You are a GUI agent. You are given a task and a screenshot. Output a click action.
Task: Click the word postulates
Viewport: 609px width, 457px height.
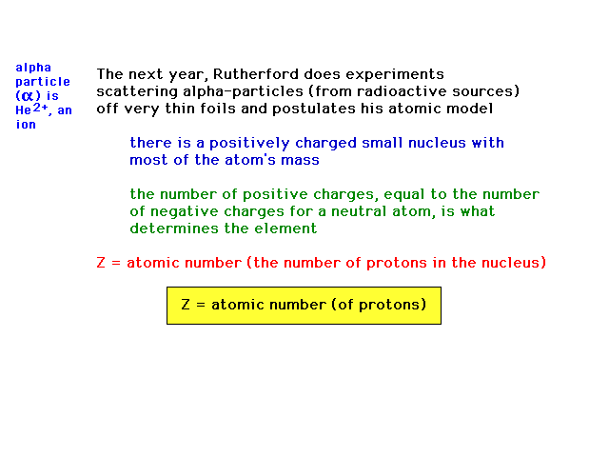pos(313,109)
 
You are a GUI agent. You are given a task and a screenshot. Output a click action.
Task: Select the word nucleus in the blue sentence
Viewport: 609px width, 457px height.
pos(437,143)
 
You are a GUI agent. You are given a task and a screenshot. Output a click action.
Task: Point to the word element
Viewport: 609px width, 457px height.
pos(285,228)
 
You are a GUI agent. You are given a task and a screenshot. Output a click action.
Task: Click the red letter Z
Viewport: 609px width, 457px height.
pos(101,263)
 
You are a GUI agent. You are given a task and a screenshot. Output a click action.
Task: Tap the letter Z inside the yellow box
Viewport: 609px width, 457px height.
pos(186,305)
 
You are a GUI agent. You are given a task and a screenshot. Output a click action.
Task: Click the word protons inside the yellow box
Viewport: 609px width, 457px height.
pos(389,306)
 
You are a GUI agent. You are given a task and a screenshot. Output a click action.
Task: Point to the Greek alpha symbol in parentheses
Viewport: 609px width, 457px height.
pos(28,96)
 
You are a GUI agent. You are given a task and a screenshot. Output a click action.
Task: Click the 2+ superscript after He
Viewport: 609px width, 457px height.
pos(40,108)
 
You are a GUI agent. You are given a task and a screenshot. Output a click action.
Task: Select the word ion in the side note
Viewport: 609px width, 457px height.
pos(26,125)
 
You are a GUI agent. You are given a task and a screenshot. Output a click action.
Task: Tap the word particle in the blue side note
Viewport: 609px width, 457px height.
pos(43,83)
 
